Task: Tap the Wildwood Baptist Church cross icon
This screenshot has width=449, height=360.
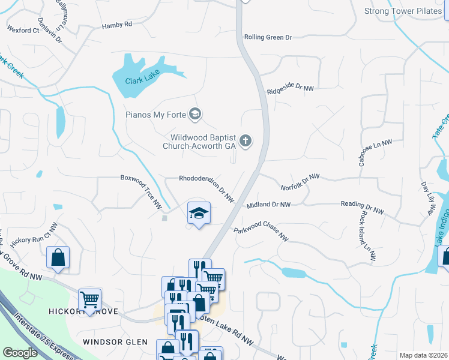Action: pos(245,142)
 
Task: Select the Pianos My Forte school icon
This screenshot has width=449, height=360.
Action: pos(194,113)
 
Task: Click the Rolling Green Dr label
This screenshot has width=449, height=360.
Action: pos(268,37)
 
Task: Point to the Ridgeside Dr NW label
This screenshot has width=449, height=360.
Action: pos(291,88)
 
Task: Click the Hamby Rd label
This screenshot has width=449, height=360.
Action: pos(116,25)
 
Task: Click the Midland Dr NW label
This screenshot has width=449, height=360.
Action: pos(268,205)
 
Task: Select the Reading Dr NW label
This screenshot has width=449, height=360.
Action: pos(362,207)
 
